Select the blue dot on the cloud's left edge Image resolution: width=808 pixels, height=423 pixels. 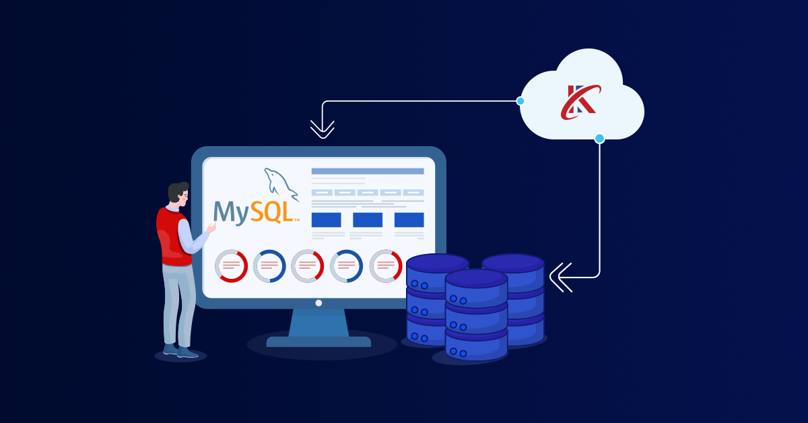click(520, 101)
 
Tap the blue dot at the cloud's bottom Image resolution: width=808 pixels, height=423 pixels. click(599, 138)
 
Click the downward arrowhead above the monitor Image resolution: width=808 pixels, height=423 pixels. click(323, 129)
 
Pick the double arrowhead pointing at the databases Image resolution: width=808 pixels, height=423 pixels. click(560, 277)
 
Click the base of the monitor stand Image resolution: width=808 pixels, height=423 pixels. click(318, 341)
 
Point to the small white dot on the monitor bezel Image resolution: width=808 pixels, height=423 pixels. click(318, 303)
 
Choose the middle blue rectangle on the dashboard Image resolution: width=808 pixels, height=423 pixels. click(368, 220)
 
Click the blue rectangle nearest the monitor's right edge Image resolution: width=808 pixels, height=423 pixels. click(409, 220)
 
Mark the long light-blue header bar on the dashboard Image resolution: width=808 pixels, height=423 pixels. click(368, 171)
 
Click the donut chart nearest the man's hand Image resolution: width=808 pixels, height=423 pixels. click(231, 266)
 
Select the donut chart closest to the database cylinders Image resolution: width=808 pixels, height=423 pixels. click(385, 266)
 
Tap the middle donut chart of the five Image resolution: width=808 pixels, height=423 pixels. click(308, 266)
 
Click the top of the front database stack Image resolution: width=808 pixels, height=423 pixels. click(476, 278)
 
